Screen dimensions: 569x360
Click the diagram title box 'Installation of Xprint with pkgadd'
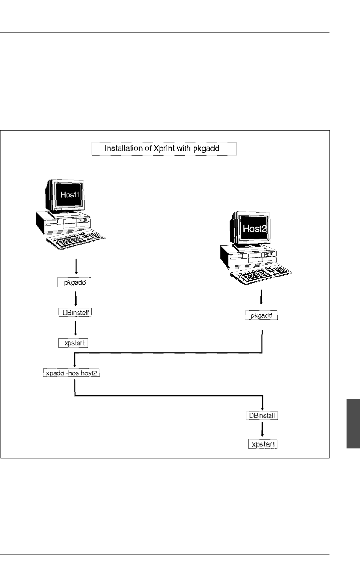(x=164, y=149)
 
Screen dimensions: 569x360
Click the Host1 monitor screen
(x=70, y=195)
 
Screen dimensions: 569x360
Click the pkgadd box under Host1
(x=75, y=283)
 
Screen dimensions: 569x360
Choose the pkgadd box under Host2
(x=261, y=316)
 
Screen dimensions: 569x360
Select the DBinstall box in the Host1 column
(x=75, y=313)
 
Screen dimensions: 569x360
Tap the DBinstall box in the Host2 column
(x=262, y=416)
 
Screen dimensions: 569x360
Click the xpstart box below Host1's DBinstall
(x=75, y=343)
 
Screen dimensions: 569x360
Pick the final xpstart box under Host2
(x=263, y=444)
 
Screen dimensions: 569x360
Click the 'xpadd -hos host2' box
(x=71, y=373)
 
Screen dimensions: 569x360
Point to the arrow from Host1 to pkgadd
(x=75, y=267)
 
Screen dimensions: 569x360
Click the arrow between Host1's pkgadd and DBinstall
(x=75, y=298)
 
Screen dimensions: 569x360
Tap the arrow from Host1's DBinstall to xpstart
(x=75, y=328)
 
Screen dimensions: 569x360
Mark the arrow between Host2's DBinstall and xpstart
(x=262, y=430)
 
